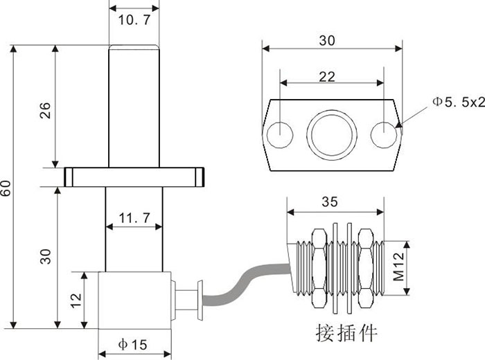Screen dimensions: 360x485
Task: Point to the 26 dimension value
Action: tap(45, 111)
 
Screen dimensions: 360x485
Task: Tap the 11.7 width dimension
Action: tap(134, 219)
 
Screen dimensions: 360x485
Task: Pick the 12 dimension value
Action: tap(76, 300)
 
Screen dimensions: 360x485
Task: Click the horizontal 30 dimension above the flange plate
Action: tap(327, 41)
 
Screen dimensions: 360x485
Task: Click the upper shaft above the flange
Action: tap(134, 104)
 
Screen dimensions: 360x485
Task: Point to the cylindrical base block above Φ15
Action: tap(134, 300)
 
